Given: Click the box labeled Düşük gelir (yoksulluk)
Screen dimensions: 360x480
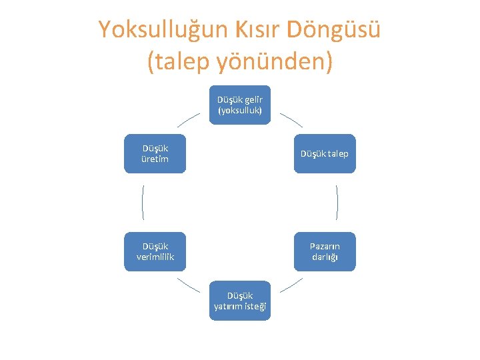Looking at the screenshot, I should pyautogui.click(x=240, y=105).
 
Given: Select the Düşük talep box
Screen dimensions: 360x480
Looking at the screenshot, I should pyautogui.click(x=325, y=153).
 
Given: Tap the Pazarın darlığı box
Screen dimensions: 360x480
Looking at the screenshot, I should pyautogui.click(x=325, y=251).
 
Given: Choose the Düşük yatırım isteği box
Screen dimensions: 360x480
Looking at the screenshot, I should pyautogui.click(x=240, y=300).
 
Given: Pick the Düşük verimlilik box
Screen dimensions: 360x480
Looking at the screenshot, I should pyautogui.click(x=155, y=251).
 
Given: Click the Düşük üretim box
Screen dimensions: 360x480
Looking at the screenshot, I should pyautogui.click(x=155, y=153).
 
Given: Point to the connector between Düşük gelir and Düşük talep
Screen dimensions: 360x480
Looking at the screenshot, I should pyautogui.click(x=291, y=119).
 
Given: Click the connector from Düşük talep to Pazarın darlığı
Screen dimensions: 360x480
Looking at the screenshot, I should pyautogui.click(x=337, y=202).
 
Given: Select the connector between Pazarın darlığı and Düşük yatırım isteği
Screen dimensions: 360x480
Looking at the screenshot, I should pyautogui.click(x=291, y=285).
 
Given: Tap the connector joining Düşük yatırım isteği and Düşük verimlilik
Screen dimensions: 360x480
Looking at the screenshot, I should pyautogui.click(x=189, y=285).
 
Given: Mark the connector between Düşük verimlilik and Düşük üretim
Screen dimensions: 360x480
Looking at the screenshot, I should pyautogui.click(x=143, y=202).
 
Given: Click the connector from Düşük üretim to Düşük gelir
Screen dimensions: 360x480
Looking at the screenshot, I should pyautogui.click(x=189, y=119).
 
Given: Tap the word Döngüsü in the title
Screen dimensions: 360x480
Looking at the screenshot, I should pyautogui.click(x=334, y=30).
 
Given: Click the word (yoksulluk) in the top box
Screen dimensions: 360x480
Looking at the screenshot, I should pyautogui.click(x=240, y=110).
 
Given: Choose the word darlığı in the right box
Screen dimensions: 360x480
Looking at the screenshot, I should pyautogui.click(x=325, y=257).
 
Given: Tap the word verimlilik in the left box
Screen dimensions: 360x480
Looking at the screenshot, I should pyautogui.click(x=155, y=257).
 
